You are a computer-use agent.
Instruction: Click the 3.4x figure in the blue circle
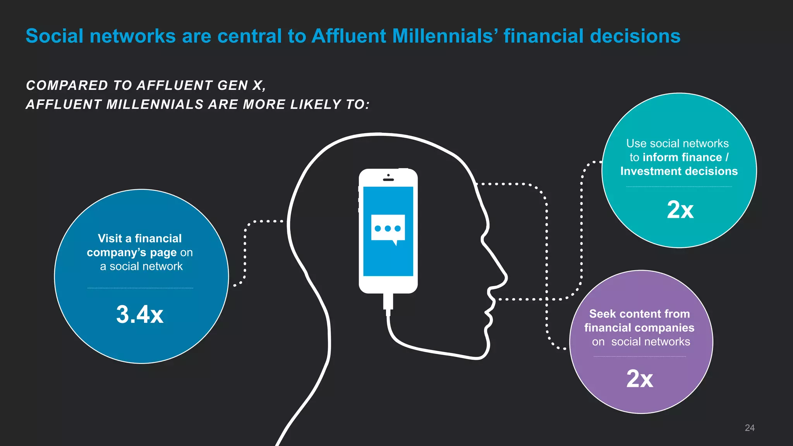point(139,314)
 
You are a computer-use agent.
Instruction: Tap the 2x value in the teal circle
point(680,210)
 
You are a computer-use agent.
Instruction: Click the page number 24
point(750,428)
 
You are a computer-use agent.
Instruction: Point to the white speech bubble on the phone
point(388,228)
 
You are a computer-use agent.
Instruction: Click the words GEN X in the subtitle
point(240,86)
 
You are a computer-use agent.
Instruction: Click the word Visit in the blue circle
point(110,238)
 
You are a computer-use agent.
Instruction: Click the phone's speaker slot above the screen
point(388,180)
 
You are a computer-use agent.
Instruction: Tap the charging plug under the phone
point(388,302)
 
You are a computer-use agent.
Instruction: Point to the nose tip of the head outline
point(506,277)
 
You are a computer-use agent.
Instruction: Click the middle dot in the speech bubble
point(388,228)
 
